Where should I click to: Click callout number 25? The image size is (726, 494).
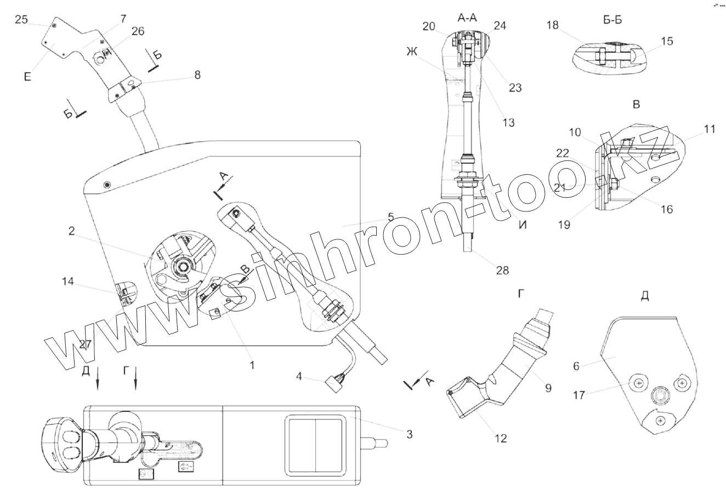(21, 20)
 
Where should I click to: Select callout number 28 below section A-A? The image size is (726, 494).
(502, 270)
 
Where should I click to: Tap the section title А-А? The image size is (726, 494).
(467, 18)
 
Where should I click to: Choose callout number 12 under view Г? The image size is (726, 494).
(501, 438)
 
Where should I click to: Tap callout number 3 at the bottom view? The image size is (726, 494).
(409, 434)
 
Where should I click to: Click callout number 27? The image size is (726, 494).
(84, 344)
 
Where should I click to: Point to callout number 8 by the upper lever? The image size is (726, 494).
(197, 75)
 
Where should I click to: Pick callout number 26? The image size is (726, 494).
(138, 31)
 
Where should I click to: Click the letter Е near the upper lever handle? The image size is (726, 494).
(27, 77)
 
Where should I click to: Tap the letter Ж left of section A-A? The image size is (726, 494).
(412, 53)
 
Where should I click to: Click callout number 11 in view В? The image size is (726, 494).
(710, 130)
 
